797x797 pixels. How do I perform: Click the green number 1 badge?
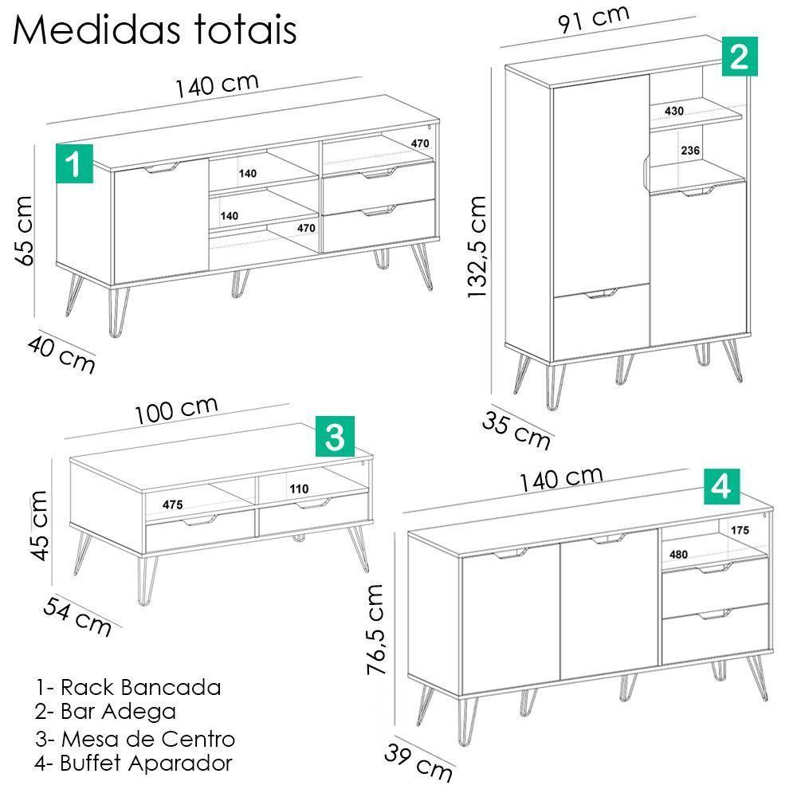(74, 163)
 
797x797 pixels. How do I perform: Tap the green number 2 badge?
(739, 57)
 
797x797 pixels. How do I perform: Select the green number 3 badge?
(335, 436)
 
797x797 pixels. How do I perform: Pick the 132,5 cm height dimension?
(477, 247)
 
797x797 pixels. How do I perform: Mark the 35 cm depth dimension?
(516, 429)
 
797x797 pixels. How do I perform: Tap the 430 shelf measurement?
(673, 111)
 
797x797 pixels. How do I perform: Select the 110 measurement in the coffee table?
(299, 489)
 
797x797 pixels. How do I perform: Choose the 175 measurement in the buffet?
(740, 529)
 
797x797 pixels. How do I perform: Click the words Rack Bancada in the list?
(140, 687)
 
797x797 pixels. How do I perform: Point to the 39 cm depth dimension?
(418, 761)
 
